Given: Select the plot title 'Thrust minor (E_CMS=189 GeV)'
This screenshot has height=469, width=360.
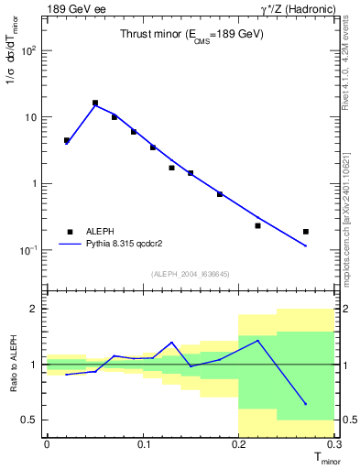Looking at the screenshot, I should pos(192,34).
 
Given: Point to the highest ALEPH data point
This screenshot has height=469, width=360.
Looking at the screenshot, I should pos(95,104).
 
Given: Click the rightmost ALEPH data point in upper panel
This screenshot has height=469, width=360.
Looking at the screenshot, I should pos(306,232).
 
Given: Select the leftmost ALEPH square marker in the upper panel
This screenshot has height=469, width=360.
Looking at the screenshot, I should pos(67,141).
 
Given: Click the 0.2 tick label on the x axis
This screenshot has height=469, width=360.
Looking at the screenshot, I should pos(240,444).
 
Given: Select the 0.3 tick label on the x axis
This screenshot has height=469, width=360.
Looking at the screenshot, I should pos(335,444).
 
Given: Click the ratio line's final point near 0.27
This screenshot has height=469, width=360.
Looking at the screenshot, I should pos(306,404).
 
